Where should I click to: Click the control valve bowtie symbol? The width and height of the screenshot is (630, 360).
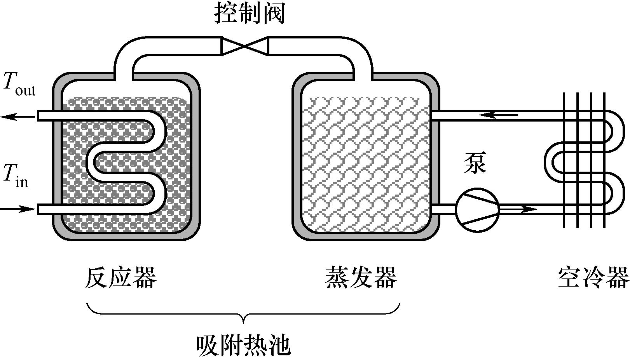(245, 46)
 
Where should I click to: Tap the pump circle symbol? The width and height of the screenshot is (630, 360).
(477, 210)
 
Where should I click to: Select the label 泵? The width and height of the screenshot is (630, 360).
(475, 163)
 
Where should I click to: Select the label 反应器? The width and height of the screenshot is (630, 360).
(120, 277)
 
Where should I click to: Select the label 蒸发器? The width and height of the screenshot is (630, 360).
(361, 277)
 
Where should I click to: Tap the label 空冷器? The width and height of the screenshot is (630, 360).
(593, 277)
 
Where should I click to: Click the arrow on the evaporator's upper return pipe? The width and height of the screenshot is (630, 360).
(498, 115)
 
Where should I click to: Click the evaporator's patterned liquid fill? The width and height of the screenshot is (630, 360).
(365, 163)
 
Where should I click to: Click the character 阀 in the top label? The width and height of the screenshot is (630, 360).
(274, 13)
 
